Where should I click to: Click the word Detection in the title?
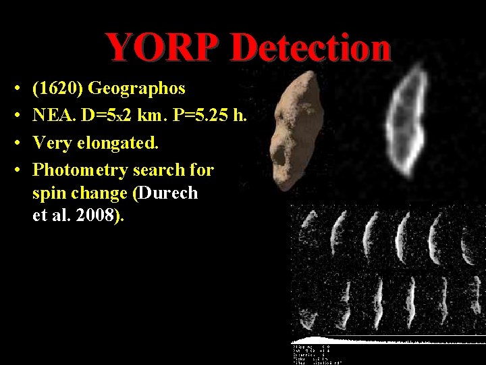point(310,47)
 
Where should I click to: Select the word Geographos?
point(137,89)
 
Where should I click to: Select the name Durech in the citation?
point(168,193)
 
